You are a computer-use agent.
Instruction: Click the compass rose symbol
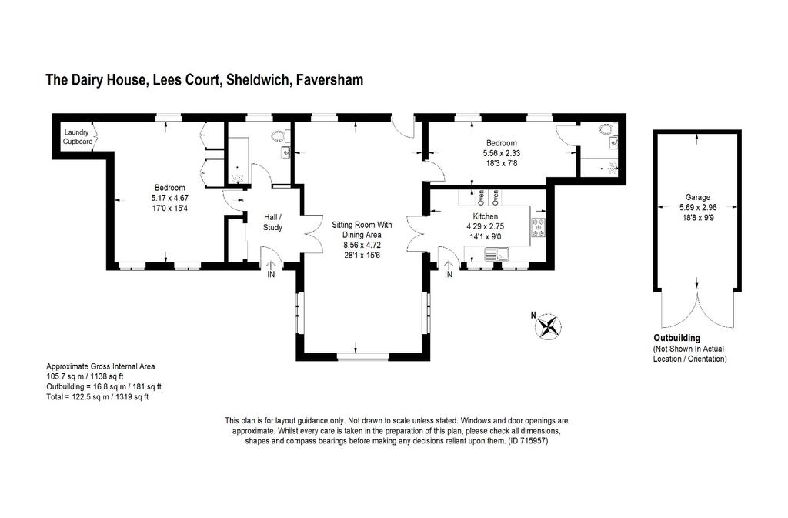tap(547, 326)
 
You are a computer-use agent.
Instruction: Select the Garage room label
tap(697, 198)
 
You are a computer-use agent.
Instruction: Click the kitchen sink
tap(496, 254)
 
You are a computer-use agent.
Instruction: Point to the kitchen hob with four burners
tap(539, 228)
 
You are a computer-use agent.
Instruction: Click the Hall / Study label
tap(273, 222)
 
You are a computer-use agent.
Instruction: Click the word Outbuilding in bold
tap(676, 338)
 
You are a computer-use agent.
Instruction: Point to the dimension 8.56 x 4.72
tap(362, 246)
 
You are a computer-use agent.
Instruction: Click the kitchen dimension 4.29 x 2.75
tap(485, 226)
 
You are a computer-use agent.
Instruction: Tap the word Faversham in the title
tap(329, 80)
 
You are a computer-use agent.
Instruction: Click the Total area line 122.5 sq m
tap(98, 397)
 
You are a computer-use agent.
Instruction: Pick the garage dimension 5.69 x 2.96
tap(698, 208)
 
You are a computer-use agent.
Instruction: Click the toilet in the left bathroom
tap(279, 135)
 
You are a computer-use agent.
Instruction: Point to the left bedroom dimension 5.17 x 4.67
tap(170, 198)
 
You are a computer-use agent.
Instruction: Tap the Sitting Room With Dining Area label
tap(362, 229)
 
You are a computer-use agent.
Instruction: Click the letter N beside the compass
tap(533, 316)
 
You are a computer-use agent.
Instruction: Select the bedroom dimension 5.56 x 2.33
tap(502, 153)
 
